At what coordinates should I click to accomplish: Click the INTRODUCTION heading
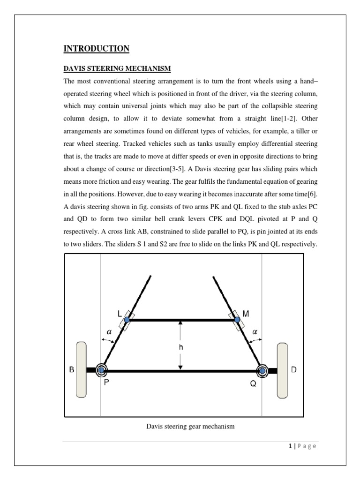point(96,49)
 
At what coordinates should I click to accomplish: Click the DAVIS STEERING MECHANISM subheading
point(117,69)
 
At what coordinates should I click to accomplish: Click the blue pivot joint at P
point(101,370)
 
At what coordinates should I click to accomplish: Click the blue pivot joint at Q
point(262,371)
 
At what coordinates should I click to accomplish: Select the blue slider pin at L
point(127,320)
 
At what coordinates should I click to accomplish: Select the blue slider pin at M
point(237,320)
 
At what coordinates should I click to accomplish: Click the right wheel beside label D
point(282,370)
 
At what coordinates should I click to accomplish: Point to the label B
point(72,370)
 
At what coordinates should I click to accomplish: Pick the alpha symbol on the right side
point(255,331)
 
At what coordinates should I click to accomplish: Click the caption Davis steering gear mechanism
point(190,427)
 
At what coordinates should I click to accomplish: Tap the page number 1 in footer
point(291,446)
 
